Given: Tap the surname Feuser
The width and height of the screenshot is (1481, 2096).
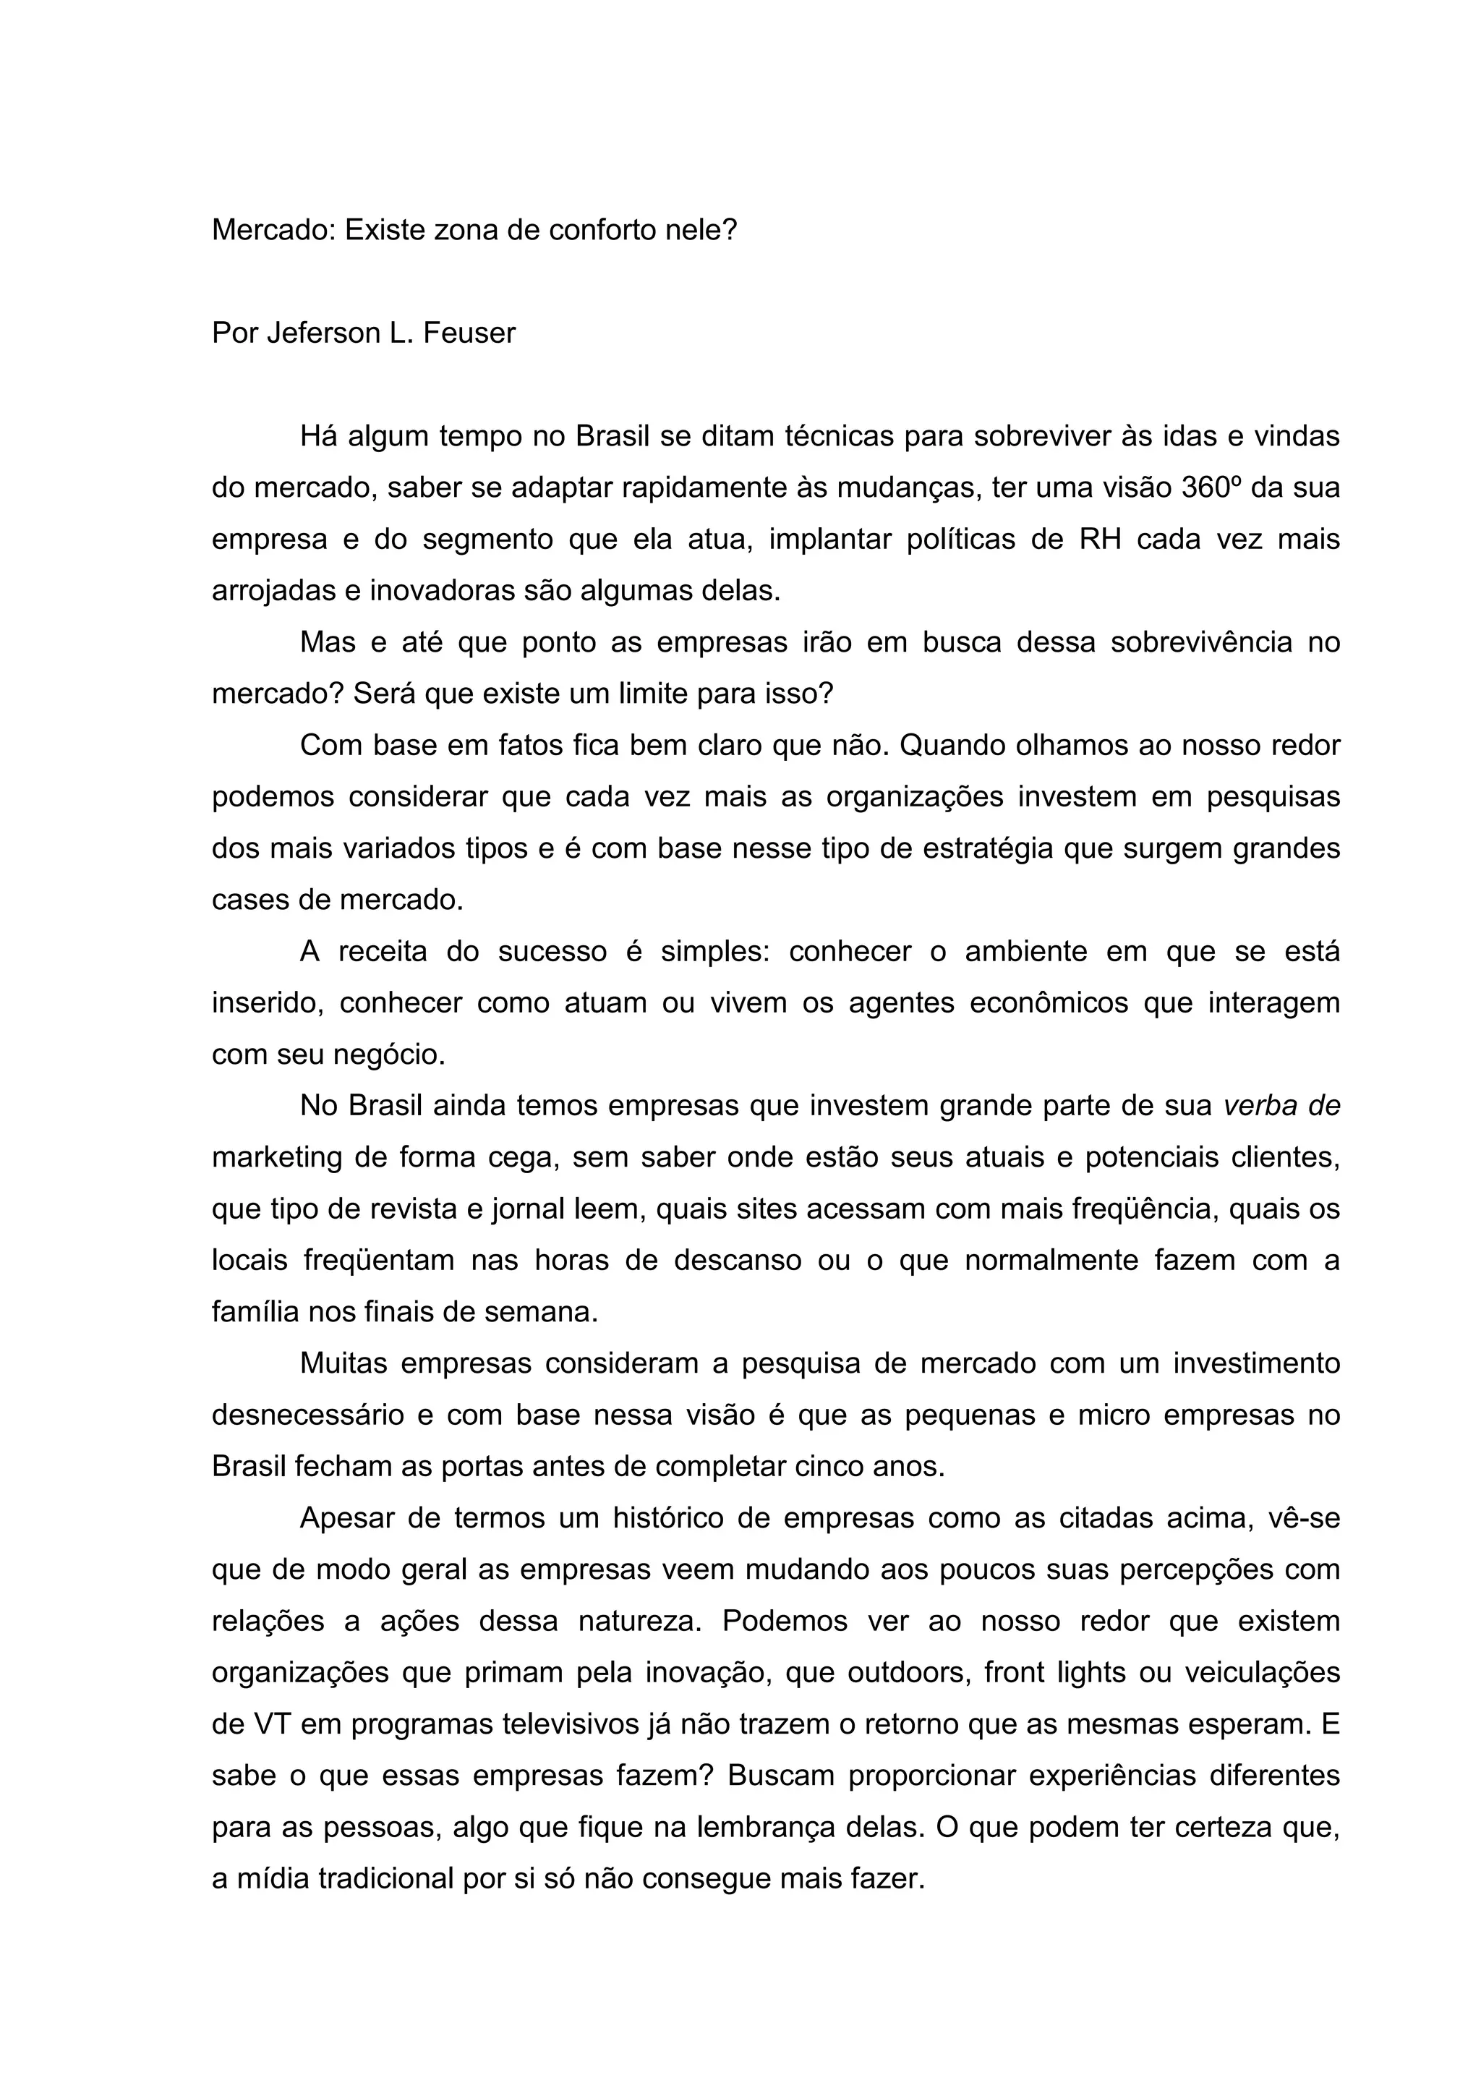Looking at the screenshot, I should tap(469, 333).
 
